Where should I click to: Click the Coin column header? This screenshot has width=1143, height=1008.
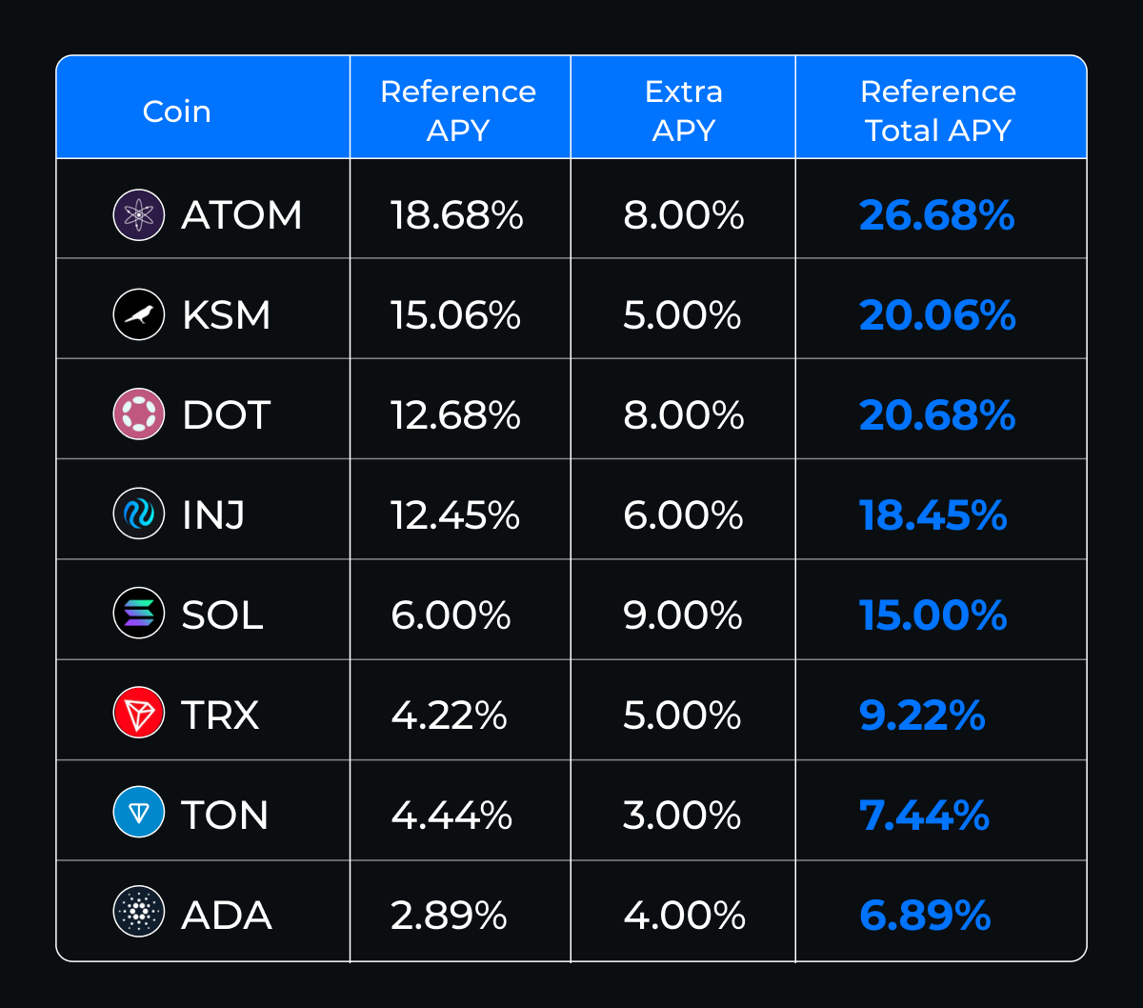pyautogui.click(x=177, y=111)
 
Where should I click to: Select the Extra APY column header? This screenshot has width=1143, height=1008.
pyautogui.click(x=683, y=111)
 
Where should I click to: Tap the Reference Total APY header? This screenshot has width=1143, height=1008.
pyautogui.click(x=938, y=111)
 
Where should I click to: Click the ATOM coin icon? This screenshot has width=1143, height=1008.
pyautogui.click(x=139, y=214)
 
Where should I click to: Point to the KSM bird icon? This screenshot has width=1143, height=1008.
pyautogui.click(x=139, y=314)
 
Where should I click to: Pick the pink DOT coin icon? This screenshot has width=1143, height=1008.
pyautogui.click(x=139, y=414)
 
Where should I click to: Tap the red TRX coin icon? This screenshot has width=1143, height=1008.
pyautogui.click(x=139, y=715)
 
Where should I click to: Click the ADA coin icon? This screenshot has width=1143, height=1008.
pyautogui.click(x=139, y=916)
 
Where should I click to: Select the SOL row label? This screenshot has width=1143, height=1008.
pyautogui.click(x=222, y=615)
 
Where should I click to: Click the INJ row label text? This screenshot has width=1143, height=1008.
pyautogui.click(x=213, y=515)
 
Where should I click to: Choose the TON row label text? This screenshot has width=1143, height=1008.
pyautogui.click(x=225, y=816)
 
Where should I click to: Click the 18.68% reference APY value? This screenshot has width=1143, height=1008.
pyautogui.click(x=456, y=215)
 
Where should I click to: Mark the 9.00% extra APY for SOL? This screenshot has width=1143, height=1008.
pyautogui.click(x=683, y=615)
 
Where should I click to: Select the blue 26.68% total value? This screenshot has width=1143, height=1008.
pyautogui.click(x=937, y=215)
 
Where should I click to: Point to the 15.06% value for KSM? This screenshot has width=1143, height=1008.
pyautogui.click(x=455, y=315)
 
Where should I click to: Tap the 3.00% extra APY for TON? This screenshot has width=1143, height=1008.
pyautogui.click(x=683, y=816)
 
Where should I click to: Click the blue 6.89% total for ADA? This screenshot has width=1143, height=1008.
pyautogui.click(x=925, y=916)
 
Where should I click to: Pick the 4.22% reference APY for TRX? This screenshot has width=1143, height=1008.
pyautogui.click(x=449, y=716)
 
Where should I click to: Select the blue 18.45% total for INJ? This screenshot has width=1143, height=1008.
pyautogui.click(x=933, y=515)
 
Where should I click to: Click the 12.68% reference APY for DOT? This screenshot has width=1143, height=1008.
pyautogui.click(x=455, y=415)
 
